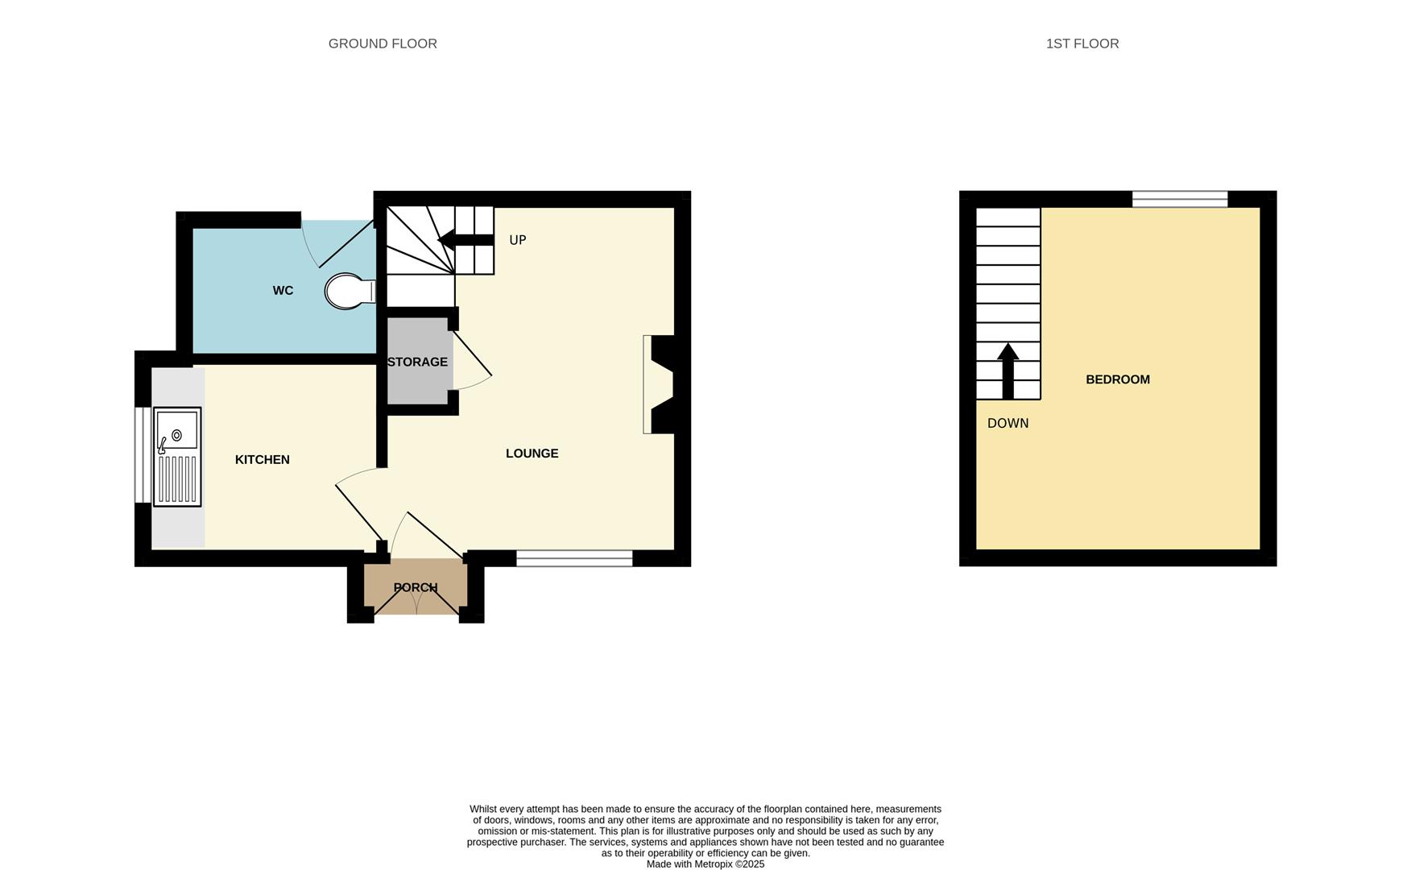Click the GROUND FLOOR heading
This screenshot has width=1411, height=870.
[383, 43]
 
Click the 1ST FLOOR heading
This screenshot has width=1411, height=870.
[1082, 43]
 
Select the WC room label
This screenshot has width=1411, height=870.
[283, 291]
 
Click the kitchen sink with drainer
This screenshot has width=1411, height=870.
[177, 457]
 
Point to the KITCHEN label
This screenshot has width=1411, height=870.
[262, 459]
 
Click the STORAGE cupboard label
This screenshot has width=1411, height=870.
[417, 362]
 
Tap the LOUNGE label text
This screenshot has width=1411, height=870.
[532, 454]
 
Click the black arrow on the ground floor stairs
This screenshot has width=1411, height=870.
[466, 239]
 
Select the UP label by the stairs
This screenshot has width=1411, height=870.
[517, 240]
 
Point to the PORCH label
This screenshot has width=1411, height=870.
[416, 587]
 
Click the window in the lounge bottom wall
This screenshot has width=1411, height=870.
[574, 558]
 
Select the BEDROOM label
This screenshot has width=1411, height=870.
[1117, 379]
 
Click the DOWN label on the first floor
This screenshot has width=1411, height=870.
[1008, 424]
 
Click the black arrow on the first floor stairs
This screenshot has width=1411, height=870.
[1008, 371]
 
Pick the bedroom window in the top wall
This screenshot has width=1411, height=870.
[1179, 199]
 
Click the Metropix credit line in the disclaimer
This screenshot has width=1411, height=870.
[705, 864]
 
